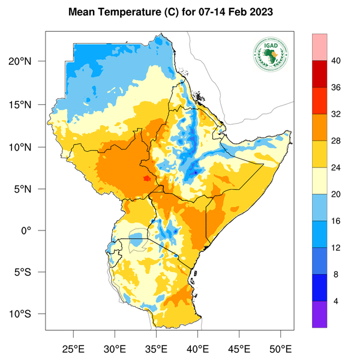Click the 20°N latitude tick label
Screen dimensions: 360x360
(28, 62)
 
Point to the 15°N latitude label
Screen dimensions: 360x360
(28, 104)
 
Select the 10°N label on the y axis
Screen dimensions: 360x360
(28, 147)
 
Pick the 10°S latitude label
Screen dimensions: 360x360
(28, 314)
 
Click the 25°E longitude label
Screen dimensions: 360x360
(73, 347)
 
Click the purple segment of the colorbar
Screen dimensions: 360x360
(320, 314)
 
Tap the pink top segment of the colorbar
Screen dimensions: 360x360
(320, 46)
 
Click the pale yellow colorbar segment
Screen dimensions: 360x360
(320, 181)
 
